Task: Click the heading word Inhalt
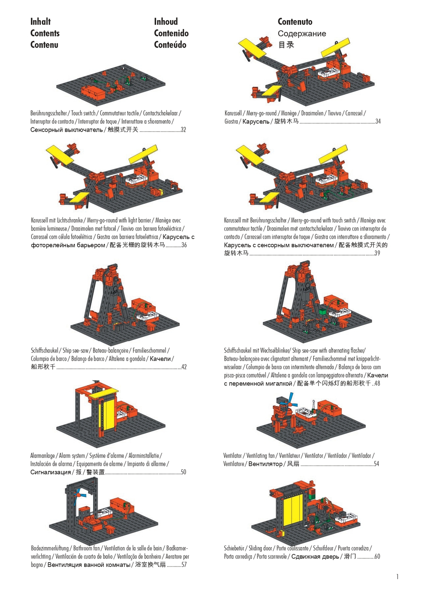(x=40, y=21)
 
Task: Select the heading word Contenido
(x=171, y=33)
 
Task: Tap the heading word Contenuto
(x=295, y=21)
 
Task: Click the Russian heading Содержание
(x=301, y=34)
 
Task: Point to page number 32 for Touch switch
(x=183, y=130)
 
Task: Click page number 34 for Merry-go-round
(x=378, y=122)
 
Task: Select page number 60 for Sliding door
(x=377, y=556)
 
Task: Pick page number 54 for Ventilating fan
(x=376, y=463)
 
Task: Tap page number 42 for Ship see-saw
(x=184, y=367)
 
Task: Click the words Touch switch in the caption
(x=83, y=113)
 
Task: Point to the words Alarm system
(x=72, y=455)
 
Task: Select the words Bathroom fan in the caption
(x=86, y=548)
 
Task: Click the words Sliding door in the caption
(x=260, y=548)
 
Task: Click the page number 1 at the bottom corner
(x=397, y=577)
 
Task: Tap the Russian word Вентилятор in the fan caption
(x=265, y=464)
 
